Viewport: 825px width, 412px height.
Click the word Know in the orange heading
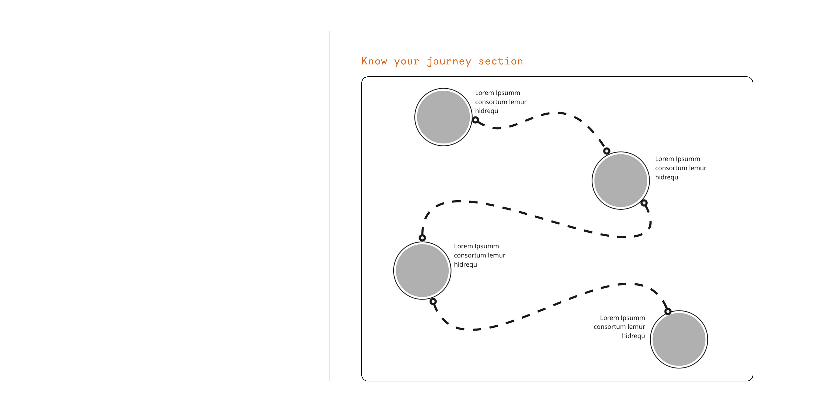pyautogui.click(x=374, y=61)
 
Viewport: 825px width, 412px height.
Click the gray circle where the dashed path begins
pyautogui.click(x=443, y=117)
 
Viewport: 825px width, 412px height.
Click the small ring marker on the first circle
pyautogui.click(x=476, y=120)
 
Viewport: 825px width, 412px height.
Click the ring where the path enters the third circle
pyautogui.click(x=422, y=238)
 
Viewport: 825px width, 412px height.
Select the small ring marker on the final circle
pyautogui.click(x=668, y=311)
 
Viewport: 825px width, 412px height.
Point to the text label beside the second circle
pyautogui.click(x=680, y=168)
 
